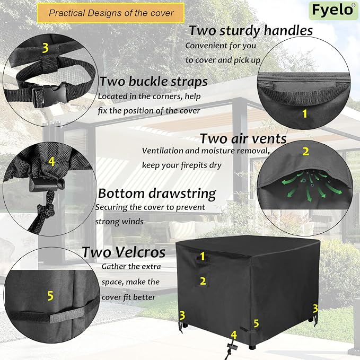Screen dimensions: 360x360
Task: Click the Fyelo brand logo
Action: pos(333,10)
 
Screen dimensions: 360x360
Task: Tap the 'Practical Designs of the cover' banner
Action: pos(111,13)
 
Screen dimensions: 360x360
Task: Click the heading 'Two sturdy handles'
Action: pos(251,31)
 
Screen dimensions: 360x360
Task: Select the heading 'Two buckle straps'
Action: pos(154,82)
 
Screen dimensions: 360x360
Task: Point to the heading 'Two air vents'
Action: pos(243,139)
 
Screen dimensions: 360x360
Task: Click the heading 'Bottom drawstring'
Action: pos(157,194)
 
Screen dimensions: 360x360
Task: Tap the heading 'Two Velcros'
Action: pos(124,252)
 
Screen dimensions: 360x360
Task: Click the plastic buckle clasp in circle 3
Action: pos(50,94)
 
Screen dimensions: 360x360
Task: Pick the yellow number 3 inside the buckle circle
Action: pos(46,48)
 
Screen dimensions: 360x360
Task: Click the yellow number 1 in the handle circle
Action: pos(305,113)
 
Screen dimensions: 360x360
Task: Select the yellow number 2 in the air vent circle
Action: pos(305,152)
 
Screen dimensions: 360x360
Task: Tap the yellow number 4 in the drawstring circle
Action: pos(51,161)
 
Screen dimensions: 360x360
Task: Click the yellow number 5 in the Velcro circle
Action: pos(50,296)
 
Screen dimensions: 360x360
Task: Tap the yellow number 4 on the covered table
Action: pos(234,335)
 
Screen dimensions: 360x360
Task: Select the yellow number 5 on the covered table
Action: pos(256,323)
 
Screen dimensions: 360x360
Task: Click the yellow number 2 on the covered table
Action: pos(203,281)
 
